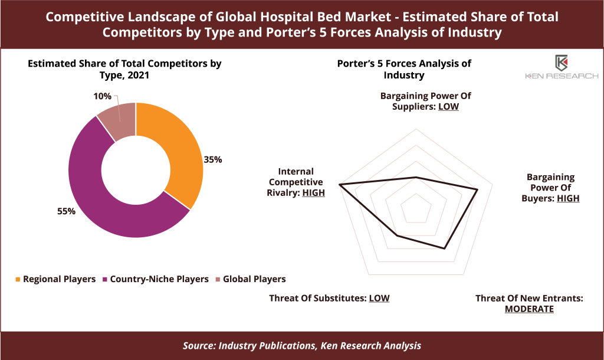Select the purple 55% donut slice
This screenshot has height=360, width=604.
(100, 201)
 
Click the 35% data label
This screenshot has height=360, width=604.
(212, 159)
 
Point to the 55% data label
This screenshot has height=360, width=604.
(66, 211)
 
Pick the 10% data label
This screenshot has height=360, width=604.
(102, 96)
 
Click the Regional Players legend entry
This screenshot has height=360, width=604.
(55, 279)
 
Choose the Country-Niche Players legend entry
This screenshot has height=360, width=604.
(155, 279)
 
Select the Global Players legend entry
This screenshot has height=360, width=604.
(250, 279)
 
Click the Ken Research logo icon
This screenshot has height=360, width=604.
(562, 63)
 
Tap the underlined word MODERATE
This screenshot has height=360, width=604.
(529, 309)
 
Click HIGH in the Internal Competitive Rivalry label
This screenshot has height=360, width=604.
(314, 193)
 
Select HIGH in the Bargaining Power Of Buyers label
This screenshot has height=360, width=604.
(568, 198)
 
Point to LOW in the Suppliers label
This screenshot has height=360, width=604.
(448, 107)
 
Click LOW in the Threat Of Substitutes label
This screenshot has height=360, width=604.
(379, 299)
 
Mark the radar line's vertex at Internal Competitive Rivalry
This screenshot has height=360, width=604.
(339, 185)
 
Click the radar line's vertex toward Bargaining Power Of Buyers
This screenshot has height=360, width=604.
(478, 189)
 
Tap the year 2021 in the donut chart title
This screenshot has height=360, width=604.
(138, 75)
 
